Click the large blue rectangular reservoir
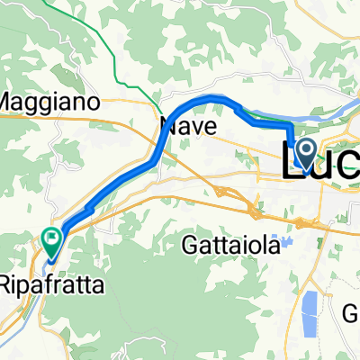(x=311, y=309)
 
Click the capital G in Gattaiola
(x=193, y=244)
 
